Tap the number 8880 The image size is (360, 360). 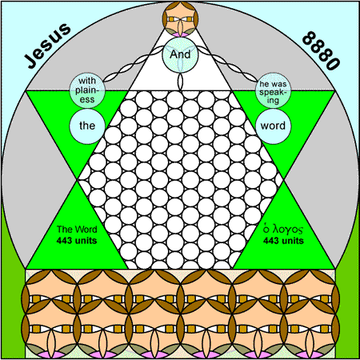322,50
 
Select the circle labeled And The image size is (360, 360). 180,54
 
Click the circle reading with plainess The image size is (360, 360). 87,90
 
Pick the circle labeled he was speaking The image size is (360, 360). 273,90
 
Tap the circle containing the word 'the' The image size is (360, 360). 87,126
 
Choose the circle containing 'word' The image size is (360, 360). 273,126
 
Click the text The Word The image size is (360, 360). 77,230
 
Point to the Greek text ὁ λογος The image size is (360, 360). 283,230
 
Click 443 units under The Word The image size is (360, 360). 77,241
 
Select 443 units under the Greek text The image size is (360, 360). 283,241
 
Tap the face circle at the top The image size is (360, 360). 180,19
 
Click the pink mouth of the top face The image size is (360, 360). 180,34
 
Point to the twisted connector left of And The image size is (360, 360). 133,63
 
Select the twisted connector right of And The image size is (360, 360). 228,63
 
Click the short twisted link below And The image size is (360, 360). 180,82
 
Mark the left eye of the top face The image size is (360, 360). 171,19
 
